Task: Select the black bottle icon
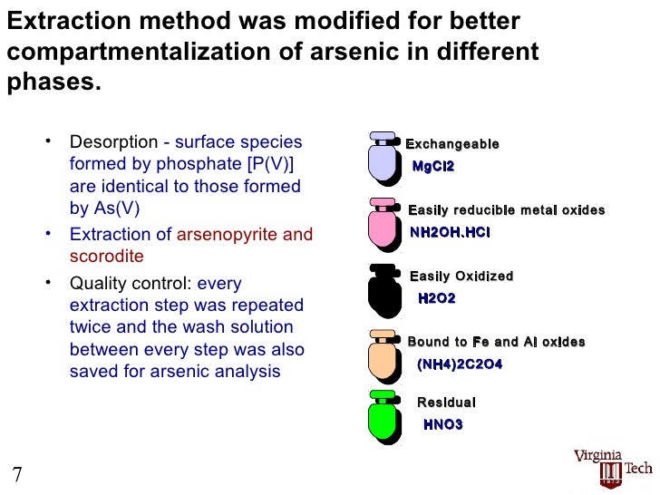384,291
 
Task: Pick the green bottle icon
384,418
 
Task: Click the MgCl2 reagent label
432,167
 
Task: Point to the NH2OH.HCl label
450,232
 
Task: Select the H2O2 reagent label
436,298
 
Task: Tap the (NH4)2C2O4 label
459,364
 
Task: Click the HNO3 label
443,424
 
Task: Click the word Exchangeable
451,144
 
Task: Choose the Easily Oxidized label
461,277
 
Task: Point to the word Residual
446,403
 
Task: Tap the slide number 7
16,474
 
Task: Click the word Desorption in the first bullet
114,142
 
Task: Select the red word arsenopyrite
228,235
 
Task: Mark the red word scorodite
106,257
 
